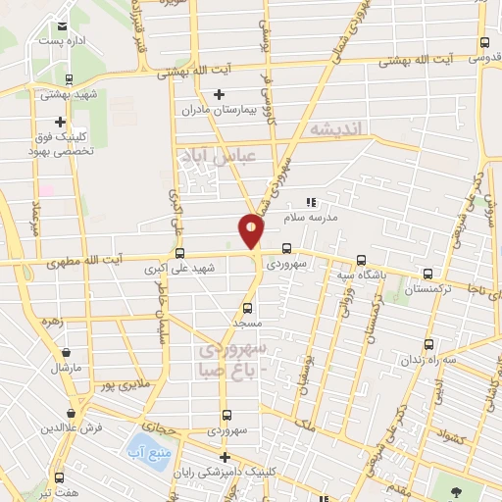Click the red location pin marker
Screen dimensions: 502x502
pos(252,231)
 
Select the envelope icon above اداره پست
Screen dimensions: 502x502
pos(63,26)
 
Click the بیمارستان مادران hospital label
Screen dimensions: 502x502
pos(218,111)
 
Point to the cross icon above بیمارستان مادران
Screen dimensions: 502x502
pos(218,95)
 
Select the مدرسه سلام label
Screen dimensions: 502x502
pos(311,219)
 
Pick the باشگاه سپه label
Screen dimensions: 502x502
pos(361,276)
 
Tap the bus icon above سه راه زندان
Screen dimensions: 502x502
pos(429,344)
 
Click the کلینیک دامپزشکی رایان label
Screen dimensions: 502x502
pos(225,472)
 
